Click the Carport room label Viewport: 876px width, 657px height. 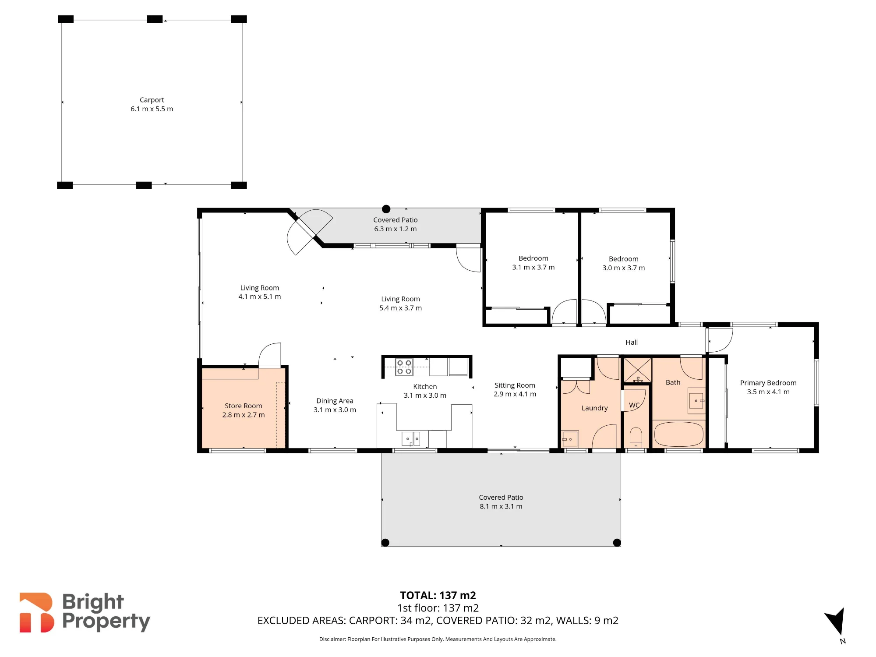[152, 100]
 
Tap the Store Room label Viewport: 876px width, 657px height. [244, 406]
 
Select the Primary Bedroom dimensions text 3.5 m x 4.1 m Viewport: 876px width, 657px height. [768, 392]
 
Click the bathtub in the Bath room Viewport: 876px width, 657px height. [678, 434]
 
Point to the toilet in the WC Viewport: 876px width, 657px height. [636, 438]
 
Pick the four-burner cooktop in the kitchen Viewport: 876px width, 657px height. [404, 367]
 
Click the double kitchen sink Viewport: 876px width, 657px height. [411, 438]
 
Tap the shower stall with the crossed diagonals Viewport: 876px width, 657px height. [638, 370]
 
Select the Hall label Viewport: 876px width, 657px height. [632, 343]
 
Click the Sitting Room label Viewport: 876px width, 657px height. [515, 385]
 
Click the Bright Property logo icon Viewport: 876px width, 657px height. [37, 612]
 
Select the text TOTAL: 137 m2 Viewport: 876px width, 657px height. [438, 596]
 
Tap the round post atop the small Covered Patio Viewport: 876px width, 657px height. [386, 209]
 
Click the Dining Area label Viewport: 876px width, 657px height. [335, 401]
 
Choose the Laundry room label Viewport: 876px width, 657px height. [594, 408]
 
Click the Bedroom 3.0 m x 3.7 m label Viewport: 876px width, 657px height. [624, 263]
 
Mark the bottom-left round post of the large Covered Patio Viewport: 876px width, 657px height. [385, 543]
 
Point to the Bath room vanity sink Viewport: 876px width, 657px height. [696, 401]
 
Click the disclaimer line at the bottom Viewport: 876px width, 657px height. [438, 639]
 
